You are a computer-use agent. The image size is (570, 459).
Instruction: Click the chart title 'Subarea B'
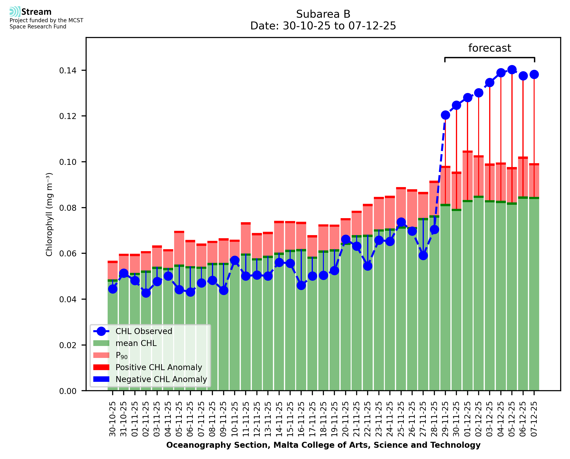point(323,14)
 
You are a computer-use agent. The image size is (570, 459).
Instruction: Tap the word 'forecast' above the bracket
point(489,48)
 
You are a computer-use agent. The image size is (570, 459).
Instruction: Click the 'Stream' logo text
point(36,12)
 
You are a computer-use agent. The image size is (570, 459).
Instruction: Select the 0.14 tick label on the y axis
point(67,70)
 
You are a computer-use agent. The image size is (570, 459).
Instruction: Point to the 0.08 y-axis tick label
point(67,208)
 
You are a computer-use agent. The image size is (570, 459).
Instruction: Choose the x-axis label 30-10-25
point(112,419)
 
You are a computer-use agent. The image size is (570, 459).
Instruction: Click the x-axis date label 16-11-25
point(301,419)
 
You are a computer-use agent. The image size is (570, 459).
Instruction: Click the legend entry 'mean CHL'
point(136,343)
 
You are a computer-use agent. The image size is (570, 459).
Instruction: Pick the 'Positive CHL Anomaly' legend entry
point(159,367)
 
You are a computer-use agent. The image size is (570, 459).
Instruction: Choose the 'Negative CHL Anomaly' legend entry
point(161,379)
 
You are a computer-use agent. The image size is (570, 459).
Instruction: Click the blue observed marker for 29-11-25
point(445,115)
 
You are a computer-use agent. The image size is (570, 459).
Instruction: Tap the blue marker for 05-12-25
point(512,70)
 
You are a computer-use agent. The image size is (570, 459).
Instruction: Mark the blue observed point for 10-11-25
point(234,260)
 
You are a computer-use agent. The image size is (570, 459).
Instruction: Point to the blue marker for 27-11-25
point(423,255)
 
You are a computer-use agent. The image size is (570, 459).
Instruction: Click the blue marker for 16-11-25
point(301,286)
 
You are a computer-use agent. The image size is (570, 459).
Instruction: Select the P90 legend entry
point(122,355)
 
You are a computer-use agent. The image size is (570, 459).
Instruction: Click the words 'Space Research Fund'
point(38,27)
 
